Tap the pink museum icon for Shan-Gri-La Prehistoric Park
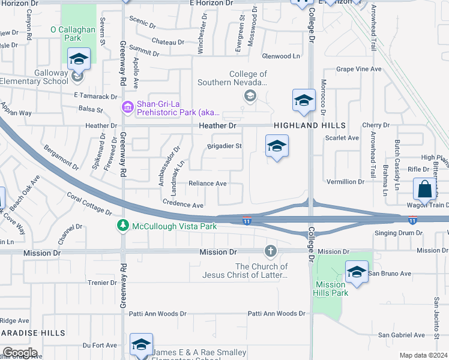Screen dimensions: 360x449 click(127, 107)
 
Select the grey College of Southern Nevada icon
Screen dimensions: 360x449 click(249, 96)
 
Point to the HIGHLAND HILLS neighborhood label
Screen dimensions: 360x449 click(310, 125)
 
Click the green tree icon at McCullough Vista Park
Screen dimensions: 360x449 click(122, 226)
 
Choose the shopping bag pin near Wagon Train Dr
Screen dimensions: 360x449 click(424, 189)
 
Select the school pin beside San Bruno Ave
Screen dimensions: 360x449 click(357, 272)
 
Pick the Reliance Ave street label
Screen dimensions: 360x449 click(207, 184)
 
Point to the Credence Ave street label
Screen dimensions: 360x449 click(183, 205)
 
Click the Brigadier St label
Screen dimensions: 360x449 click(224, 146)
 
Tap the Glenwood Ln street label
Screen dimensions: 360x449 click(280, 56)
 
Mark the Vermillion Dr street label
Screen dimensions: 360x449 click(345, 181)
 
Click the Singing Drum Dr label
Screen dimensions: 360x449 click(394, 233)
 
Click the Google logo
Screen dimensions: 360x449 click(19, 353)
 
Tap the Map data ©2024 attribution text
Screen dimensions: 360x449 click(423, 355)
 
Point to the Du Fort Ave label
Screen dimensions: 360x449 click(100, 345)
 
